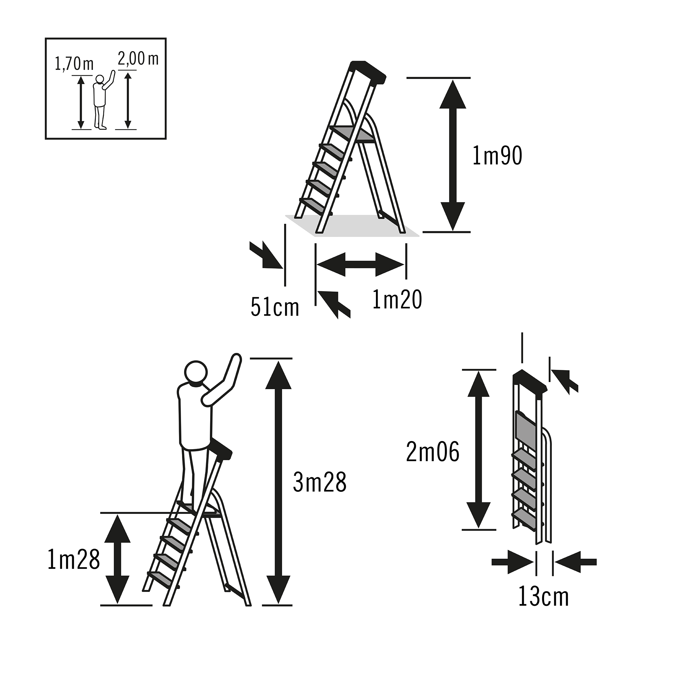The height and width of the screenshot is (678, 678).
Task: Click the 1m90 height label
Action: (x=497, y=156)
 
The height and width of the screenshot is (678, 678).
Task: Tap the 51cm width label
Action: (x=275, y=308)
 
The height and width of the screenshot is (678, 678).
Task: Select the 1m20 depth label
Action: (x=397, y=300)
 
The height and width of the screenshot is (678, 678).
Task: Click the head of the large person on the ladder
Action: (x=196, y=373)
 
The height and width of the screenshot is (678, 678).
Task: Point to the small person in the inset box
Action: (x=103, y=100)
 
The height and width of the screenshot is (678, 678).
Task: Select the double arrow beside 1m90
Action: (x=453, y=155)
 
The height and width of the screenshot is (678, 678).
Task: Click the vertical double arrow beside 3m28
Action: (x=278, y=482)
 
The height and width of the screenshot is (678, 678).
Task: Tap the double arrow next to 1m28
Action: (x=117, y=559)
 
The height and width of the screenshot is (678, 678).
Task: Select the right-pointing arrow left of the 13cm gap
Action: (x=513, y=562)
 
